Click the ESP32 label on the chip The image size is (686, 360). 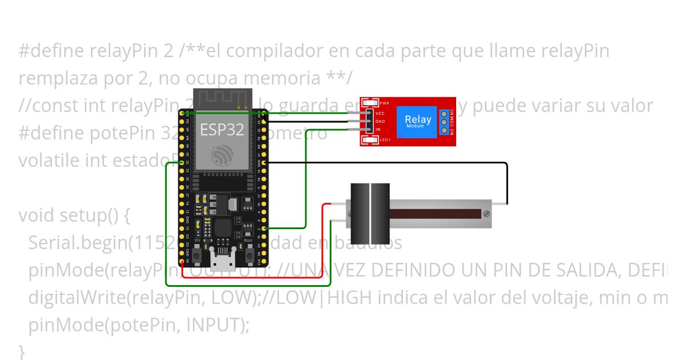tap(222, 130)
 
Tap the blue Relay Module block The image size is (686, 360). tap(417, 121)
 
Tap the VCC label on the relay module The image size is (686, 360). tap(380, 114)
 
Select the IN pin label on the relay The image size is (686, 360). tap(378, 130)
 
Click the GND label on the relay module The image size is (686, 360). tap(380, 122)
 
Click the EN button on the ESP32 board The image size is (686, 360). tap(198, 255)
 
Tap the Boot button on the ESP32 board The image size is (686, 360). tap(249, 255)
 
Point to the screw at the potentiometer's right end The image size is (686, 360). tap(486, 214)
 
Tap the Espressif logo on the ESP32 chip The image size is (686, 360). tap(222, 154)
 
